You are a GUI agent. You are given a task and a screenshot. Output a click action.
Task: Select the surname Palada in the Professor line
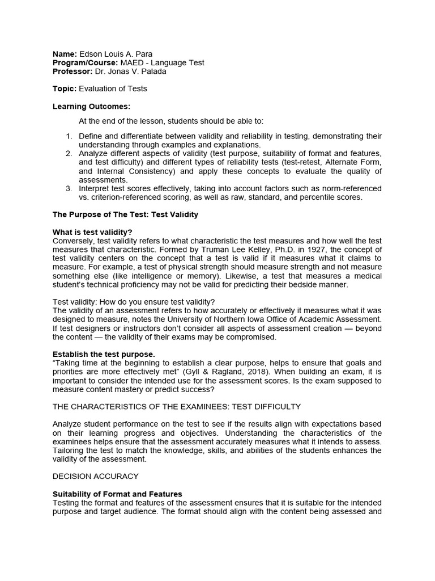[x=153, y=71]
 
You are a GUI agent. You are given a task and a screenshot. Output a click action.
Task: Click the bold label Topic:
[x=65, y=89]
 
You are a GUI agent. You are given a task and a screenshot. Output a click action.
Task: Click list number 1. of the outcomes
[x=69, y=136]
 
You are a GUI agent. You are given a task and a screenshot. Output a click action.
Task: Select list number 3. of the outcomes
[x=69, y=188]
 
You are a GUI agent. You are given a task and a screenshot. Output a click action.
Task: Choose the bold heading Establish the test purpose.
[x=104, y=354]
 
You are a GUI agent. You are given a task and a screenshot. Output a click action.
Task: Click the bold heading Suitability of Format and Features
[x=117, y=494]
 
